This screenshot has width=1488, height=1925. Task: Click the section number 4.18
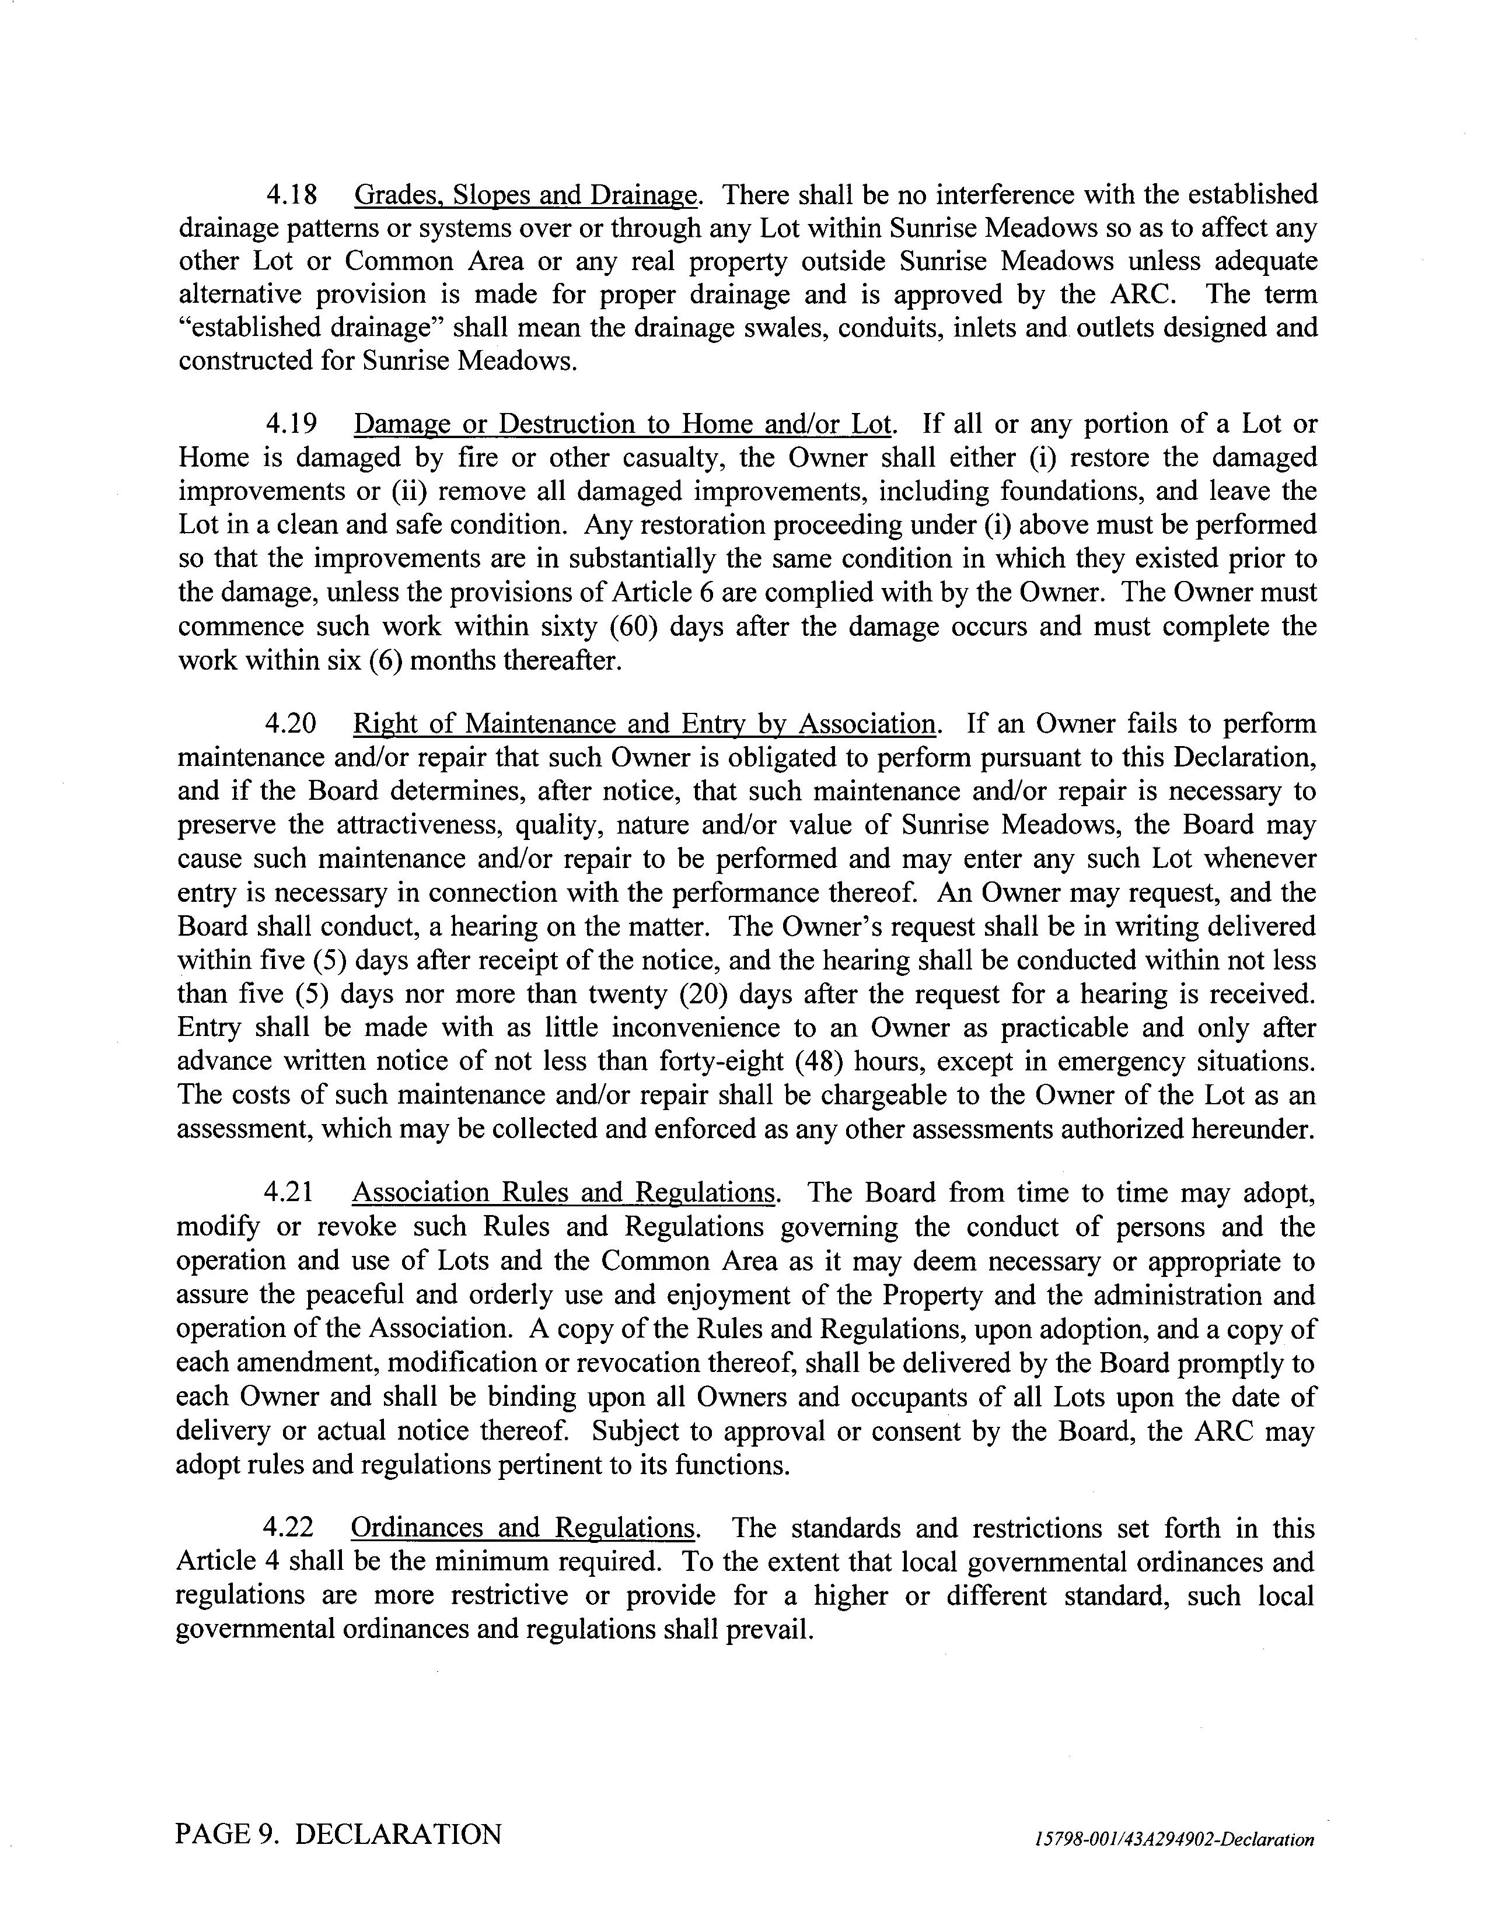coord(291,195)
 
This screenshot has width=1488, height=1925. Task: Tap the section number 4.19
coord(291,424)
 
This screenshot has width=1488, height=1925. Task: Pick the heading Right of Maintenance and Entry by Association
coord(644,724)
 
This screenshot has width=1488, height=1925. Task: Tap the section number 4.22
coord(288,1528)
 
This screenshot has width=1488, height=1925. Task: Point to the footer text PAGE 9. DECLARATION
coord(338,1834)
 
